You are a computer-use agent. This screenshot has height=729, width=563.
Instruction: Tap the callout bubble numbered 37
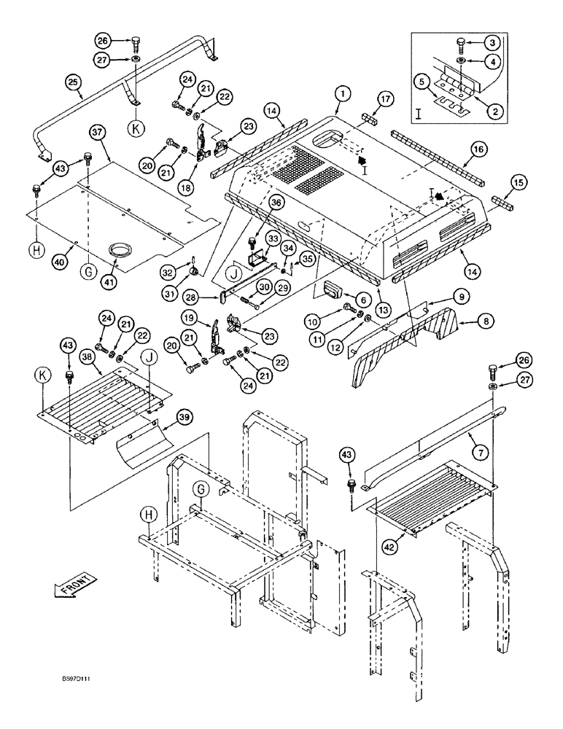point(99,132)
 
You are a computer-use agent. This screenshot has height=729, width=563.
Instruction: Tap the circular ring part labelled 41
point(117,252)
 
